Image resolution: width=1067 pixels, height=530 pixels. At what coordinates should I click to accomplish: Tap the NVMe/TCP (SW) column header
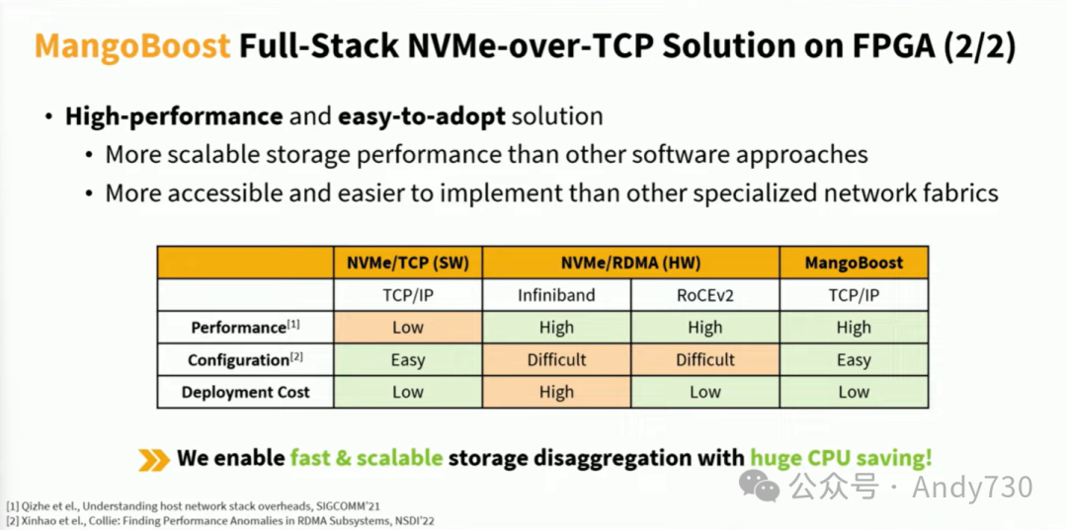tap(407, 264)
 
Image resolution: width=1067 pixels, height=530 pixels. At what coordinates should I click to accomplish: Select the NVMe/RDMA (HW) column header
tap(630, 264)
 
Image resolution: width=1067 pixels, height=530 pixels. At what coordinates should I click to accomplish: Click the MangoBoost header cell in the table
tap(854, 264)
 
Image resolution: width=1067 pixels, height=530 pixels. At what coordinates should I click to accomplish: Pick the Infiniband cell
tap(556, 295)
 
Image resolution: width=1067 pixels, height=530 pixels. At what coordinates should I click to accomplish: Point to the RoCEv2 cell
tap(704, 295)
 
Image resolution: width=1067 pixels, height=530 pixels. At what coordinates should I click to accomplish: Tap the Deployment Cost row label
tap(245, 392)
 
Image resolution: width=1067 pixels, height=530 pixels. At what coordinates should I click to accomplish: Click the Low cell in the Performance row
tap(407, 328)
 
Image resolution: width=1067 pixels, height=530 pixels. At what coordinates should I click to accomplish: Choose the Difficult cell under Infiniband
tap(556, 359)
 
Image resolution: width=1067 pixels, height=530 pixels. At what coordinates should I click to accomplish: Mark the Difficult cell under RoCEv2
tap(704, 359)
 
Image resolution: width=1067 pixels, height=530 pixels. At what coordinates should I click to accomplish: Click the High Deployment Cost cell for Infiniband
tap(556, 392)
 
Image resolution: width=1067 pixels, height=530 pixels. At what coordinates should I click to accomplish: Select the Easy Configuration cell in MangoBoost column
tap(854, 359)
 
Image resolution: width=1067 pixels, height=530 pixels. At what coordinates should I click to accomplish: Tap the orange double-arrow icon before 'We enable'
tap(153, 459)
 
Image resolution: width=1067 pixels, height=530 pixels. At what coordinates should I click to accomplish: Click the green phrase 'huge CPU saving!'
tap(841, 458)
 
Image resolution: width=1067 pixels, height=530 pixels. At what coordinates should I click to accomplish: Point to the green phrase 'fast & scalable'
tap(366, 458)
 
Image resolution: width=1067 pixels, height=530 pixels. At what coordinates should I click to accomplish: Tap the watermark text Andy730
tap(972, 487)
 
